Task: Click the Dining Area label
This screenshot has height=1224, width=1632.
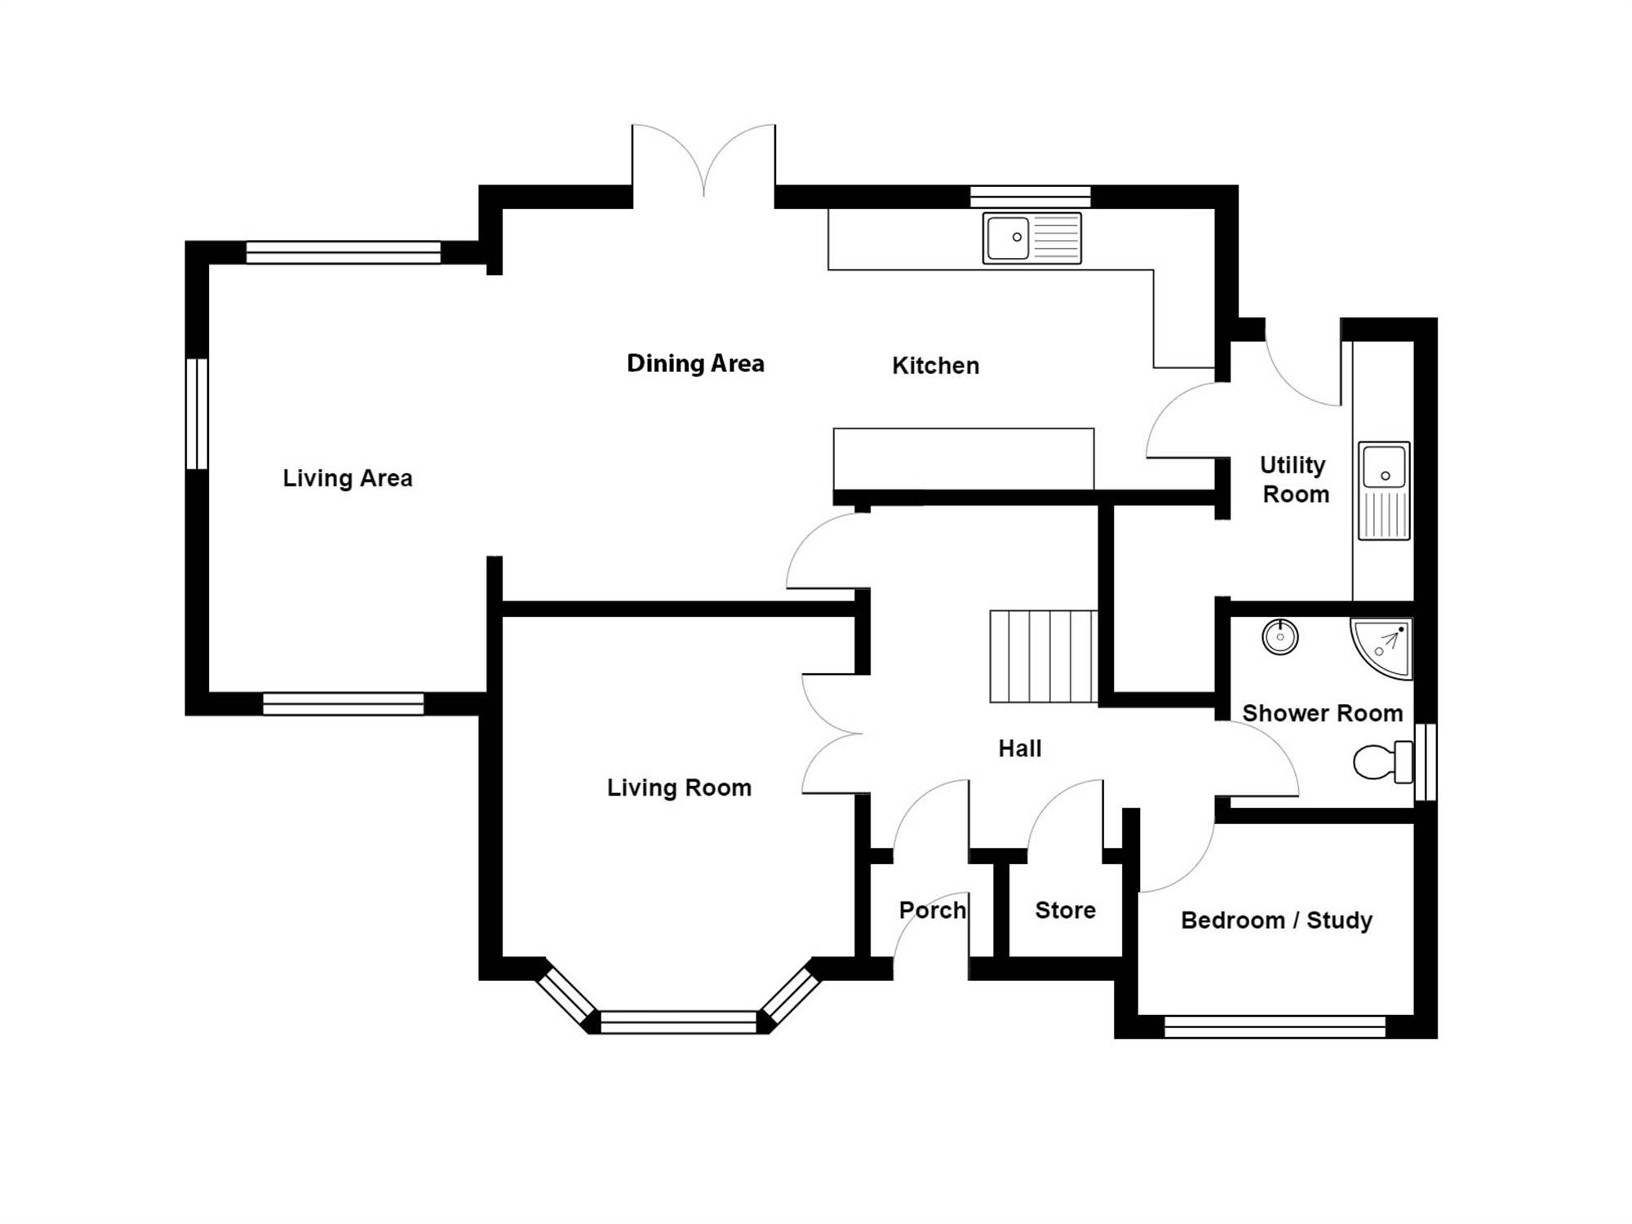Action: click(695, 363)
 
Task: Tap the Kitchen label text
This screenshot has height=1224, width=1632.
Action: click(935, 366)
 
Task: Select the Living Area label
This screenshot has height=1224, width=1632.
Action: click(348, 478)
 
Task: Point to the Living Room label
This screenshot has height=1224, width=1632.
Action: click(679, 787)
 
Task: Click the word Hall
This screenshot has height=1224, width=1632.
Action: click(1020, 748)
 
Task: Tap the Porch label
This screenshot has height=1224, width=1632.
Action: click(933, 910)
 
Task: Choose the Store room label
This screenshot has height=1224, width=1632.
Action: click(1065, 910)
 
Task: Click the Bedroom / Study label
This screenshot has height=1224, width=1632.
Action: click(1276, 920)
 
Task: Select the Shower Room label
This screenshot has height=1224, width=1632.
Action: click(1322, 713)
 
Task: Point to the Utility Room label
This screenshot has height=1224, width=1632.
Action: click(1294, 479)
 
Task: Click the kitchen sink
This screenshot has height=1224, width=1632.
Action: click(1032, 238)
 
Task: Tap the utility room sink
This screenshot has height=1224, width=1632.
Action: click(1384, 490)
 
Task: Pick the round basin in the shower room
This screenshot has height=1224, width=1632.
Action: click(1280, 636)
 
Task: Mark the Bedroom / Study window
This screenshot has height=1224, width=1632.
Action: click(1275, 1027)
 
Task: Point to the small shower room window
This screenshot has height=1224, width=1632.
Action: click(1426, 762)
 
